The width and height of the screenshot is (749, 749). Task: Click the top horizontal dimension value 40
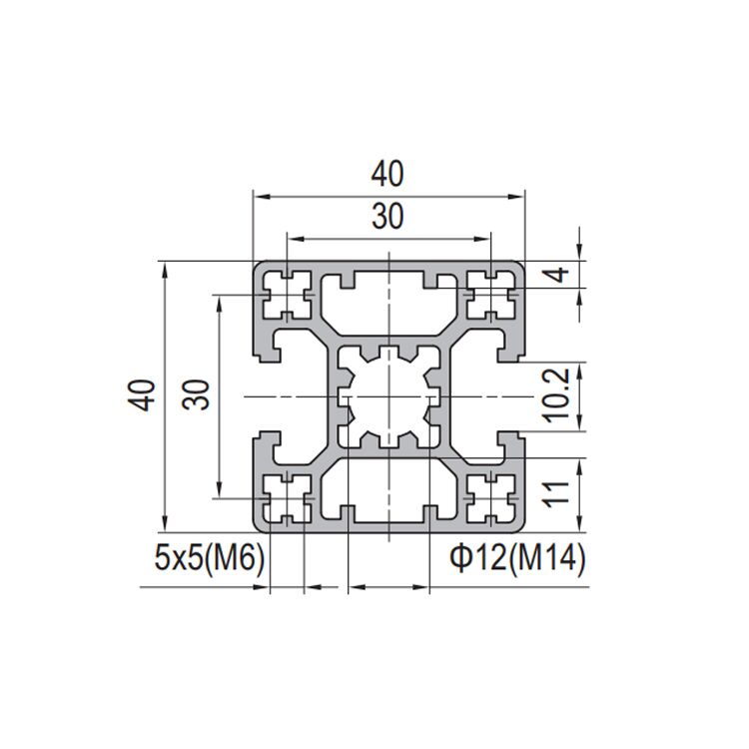coord(388,175)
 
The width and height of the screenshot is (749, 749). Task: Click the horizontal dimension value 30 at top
coord(388,217)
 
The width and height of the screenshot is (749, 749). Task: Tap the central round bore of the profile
coord(388,396)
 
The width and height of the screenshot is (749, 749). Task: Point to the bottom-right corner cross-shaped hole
coord(490,497)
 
